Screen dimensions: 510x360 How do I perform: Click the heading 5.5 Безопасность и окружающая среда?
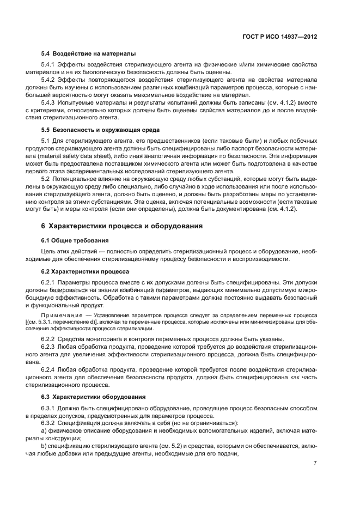pyautogui.click(x=100, y=130)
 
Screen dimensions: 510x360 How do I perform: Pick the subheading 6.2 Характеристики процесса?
pyautogui.click(x=85, y=271)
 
